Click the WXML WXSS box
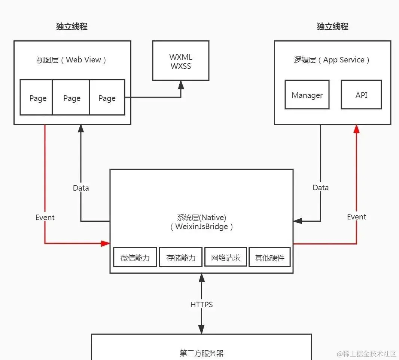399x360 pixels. [x=180, y=61]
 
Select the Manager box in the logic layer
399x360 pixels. [x=307, y=95]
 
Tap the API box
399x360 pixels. [x=361, y=95]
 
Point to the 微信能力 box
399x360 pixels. [x=135, y=257]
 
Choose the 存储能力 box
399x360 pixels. [x=181, y=257]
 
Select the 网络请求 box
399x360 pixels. [x=226, y=257]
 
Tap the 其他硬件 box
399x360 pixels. [x=269, y=257]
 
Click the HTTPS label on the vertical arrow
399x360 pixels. [x=201, y=304]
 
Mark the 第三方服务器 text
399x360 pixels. [x=201, y=353]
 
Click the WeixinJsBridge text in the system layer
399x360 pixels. [x=201, y=227]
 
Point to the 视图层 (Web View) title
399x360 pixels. [x=71, y=60]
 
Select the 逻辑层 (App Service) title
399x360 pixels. [x=332, y=60]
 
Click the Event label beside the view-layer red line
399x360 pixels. [x=45, y=218]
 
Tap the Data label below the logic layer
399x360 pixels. [x=320, y=188]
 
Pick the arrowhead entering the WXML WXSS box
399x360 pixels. [x=181, y=84]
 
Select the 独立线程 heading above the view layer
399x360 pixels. [x=71, y=27]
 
